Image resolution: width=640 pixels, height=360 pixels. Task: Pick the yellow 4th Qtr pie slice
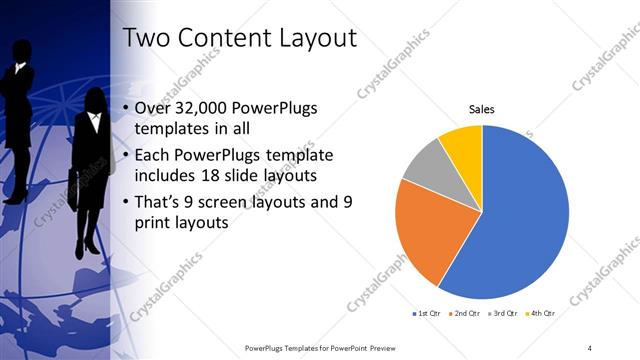coord(463,143)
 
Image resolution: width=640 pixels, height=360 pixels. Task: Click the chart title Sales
coord(482,109)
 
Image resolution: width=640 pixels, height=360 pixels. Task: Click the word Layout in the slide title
coord(308,41)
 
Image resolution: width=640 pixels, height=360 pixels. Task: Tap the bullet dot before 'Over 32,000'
coord(125,109)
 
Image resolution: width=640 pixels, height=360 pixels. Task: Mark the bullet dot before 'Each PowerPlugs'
coord(125,155)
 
